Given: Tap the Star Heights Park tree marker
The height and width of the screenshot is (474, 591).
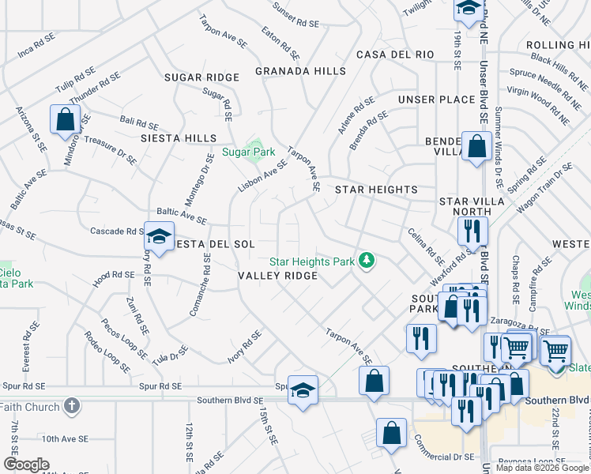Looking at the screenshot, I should (x=366, y=260).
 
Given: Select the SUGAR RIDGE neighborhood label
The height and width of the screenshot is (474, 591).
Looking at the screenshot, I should (x=201, y=77).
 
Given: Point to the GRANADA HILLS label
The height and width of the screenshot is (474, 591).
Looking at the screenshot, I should (x=301, y=71).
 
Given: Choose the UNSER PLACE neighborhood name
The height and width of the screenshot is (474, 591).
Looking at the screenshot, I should (x=436, y=100).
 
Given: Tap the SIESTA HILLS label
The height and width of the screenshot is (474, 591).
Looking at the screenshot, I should (x=178, y=138).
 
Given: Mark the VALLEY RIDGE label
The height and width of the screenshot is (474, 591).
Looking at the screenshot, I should (x=278, y=276).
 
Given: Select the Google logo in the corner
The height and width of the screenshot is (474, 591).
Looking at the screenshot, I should (x=25, y=465).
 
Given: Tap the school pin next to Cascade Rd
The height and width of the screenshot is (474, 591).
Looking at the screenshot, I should (x=159, y=236).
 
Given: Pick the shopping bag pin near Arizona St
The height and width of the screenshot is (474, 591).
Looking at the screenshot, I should (x=65, y=120).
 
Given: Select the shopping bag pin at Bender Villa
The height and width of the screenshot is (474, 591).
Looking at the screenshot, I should (x=477, y=146).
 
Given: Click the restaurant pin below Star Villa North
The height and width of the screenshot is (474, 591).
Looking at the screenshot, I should (x=472, y=231).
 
